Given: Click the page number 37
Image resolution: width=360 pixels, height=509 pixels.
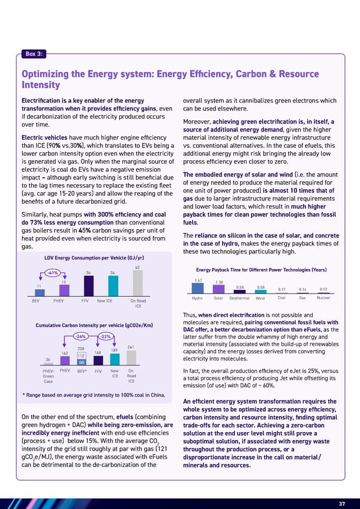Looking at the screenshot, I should pos(340,487).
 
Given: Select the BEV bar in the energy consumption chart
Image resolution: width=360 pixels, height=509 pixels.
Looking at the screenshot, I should pos(36,292).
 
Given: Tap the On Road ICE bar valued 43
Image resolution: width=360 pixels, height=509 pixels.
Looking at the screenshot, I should pos(137,283).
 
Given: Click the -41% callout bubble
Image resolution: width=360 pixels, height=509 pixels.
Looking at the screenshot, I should pos(52,274).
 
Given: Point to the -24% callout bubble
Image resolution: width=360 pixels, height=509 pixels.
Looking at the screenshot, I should pos(82,336).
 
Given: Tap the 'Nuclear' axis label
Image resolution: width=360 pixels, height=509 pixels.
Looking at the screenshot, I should pos(323,297).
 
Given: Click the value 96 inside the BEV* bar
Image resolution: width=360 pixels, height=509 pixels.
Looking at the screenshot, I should pos(82,362).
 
